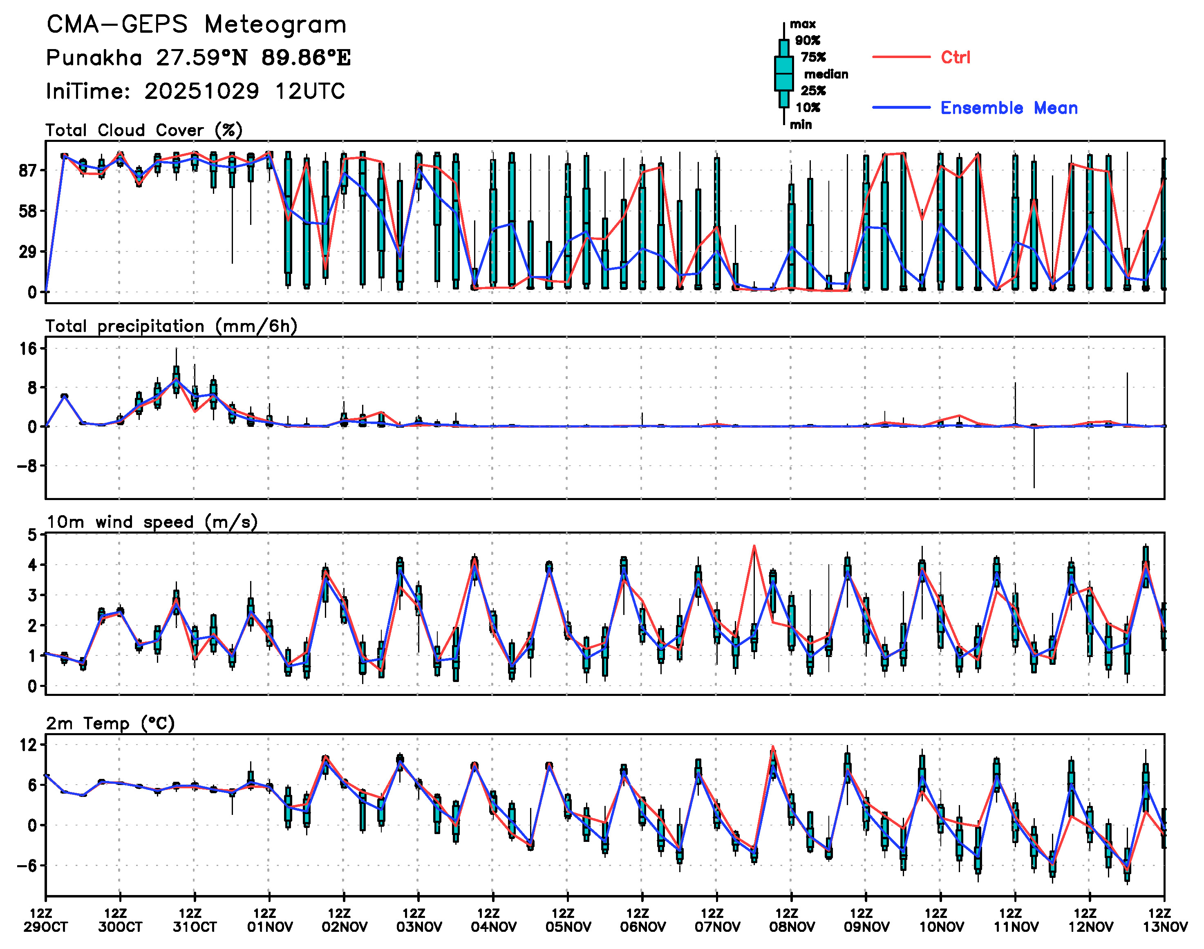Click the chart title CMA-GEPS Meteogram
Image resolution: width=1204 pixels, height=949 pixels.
point(196,25)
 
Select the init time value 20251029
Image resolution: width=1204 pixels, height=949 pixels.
point(201,91)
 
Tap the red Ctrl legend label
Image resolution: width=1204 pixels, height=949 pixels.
point(955,57)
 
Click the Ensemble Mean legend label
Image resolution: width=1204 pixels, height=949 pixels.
point(1009,108)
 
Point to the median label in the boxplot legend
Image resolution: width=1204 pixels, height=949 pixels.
point(826,74)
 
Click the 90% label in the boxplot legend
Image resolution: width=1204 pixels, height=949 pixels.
point(808,40)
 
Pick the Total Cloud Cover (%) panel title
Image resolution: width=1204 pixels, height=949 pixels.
point(144,130)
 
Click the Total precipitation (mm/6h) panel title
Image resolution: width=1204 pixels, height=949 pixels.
point(171,326)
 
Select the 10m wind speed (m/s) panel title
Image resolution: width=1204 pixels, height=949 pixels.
point(152,522)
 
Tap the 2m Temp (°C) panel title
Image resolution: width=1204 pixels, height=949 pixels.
point(110,723)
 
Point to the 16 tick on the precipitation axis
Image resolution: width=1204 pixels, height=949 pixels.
point(28,349)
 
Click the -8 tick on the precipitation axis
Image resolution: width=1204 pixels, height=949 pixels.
point(26,466)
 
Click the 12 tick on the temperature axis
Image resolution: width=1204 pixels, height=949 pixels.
point(28,745)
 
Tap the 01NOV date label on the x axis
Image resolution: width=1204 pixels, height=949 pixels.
point(270,927)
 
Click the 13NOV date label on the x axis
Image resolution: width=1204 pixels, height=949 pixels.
point(1165,927)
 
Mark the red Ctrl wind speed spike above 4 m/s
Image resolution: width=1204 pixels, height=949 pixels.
point(754,546)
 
